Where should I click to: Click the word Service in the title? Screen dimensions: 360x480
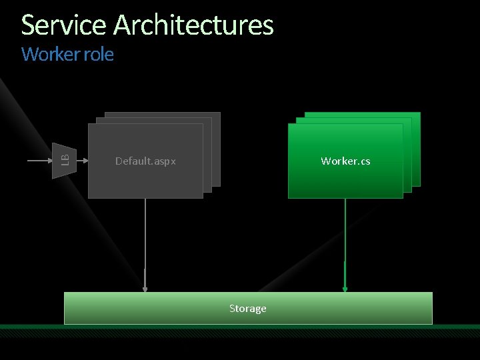click(64, 25)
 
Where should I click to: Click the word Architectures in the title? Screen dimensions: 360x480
click(193, 25)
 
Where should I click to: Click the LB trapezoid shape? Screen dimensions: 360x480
click(65, 161)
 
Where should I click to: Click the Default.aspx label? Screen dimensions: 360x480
click(145, 161)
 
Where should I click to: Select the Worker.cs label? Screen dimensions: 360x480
click(345, 161)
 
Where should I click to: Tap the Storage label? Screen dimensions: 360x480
click(247, 309)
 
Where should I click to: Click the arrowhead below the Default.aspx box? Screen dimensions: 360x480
click(145, 288)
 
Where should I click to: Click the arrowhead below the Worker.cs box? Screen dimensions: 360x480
click(345, 288)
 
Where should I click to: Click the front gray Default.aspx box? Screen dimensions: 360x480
click(145, 180)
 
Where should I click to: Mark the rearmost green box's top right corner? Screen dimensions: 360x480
click(419, 113)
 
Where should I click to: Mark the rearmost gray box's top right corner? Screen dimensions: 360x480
click(219, 113)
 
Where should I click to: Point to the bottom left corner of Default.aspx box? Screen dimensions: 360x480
click(89, 197)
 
